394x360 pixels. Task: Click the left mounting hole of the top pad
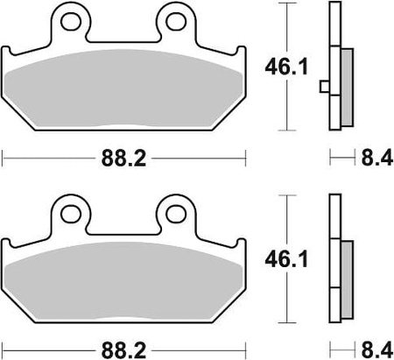tap(71, 21)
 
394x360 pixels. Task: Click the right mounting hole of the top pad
tap(176, 21)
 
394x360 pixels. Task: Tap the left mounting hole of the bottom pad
tap(71, 214)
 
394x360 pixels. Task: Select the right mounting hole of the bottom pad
tap(176, 214)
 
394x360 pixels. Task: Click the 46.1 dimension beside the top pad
tap(286, 67)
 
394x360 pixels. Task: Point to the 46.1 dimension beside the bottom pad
tap(286, 259)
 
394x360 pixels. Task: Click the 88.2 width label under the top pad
tap(123, 159)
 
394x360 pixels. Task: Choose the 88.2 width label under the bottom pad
tap(123, 350)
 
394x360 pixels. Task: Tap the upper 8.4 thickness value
tap(377, 159)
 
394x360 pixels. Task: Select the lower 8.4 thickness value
tap(377, 350)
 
